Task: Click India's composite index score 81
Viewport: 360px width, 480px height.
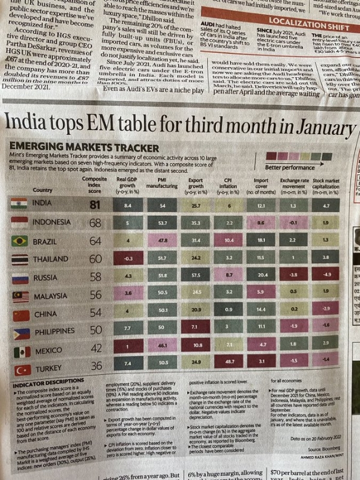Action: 94,204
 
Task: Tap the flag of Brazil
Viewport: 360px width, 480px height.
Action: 20,241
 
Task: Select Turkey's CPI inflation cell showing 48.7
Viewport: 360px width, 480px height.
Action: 228,364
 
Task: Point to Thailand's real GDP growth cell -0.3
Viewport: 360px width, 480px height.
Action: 127,259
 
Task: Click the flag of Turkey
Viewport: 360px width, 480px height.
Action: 22,370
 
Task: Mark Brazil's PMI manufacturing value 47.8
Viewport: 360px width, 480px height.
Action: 161,241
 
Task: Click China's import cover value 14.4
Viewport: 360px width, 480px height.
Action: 262,311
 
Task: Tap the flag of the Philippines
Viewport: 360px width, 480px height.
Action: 22,334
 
